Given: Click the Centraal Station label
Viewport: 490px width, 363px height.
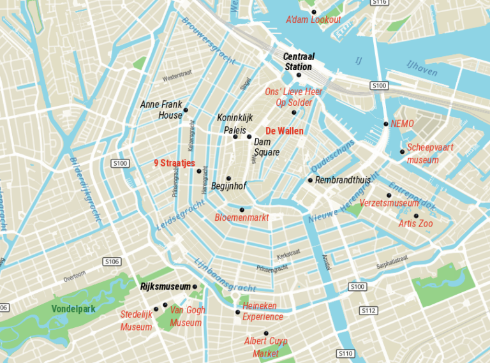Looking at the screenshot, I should pyautogui.click(x=297, y=62).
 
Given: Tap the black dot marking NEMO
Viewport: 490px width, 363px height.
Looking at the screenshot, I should pyautogui.click(x=386, y=124).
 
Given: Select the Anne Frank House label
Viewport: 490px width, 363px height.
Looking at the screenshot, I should pyautogui.click(x=161, y=110).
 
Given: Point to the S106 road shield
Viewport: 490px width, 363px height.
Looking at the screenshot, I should pyautogui.click(x=112, y=262).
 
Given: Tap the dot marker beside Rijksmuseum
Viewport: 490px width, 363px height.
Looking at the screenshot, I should pyautogui.click(x=195, y=287).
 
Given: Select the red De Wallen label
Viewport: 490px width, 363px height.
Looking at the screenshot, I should pyautogui.click(x=285, y=131).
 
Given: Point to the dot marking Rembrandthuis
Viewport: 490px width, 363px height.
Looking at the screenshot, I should pyautogui.click(x=310, y=180).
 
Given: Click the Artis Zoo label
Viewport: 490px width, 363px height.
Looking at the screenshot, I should pyautogui.click(x=415, y=223).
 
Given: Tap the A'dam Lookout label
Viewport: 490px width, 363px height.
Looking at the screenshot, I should pyautogui.click(x=313, y=20).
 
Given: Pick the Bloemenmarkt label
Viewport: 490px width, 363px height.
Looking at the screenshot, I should pyautogui.click(x=242, y=218).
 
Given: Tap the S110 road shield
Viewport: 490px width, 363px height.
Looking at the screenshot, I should pyautogui.click(x=345, y=353).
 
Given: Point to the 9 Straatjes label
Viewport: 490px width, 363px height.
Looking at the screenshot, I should pyautogui.click(x=174, y=163).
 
